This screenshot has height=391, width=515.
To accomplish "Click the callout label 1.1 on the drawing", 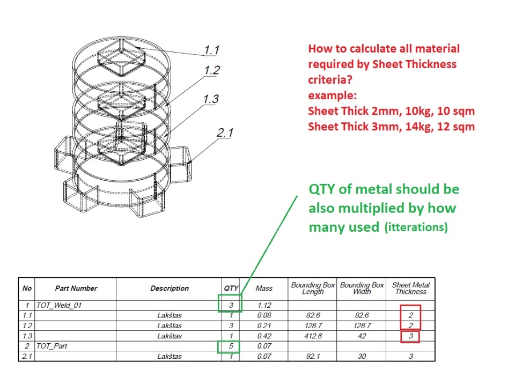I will (x=212, y=50).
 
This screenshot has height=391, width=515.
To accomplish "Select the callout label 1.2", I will (x=212, y=70).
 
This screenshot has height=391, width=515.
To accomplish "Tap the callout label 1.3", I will (x=211, y=99).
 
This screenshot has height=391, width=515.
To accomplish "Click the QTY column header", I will (x=231, y=289).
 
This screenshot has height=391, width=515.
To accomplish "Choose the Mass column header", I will (x=264, y=289).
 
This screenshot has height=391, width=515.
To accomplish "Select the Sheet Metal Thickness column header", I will (x=410, y=289).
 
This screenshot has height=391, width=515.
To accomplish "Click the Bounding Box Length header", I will (x=313, y=289).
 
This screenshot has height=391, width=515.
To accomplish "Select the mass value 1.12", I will (x=264, y=305).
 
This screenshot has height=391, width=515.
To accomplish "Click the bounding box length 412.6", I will (x=313, y=336).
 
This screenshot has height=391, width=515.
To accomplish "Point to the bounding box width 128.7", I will (x=362, y=326).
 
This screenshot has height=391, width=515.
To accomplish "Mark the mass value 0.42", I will (x=264, y=336).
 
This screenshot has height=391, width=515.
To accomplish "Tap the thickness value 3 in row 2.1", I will (x=410, y=356).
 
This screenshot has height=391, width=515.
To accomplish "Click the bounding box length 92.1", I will (x=313, y=356).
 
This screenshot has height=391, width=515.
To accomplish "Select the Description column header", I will (x=170, y=289).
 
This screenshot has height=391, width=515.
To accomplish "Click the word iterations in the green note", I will (x=415, y=227).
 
